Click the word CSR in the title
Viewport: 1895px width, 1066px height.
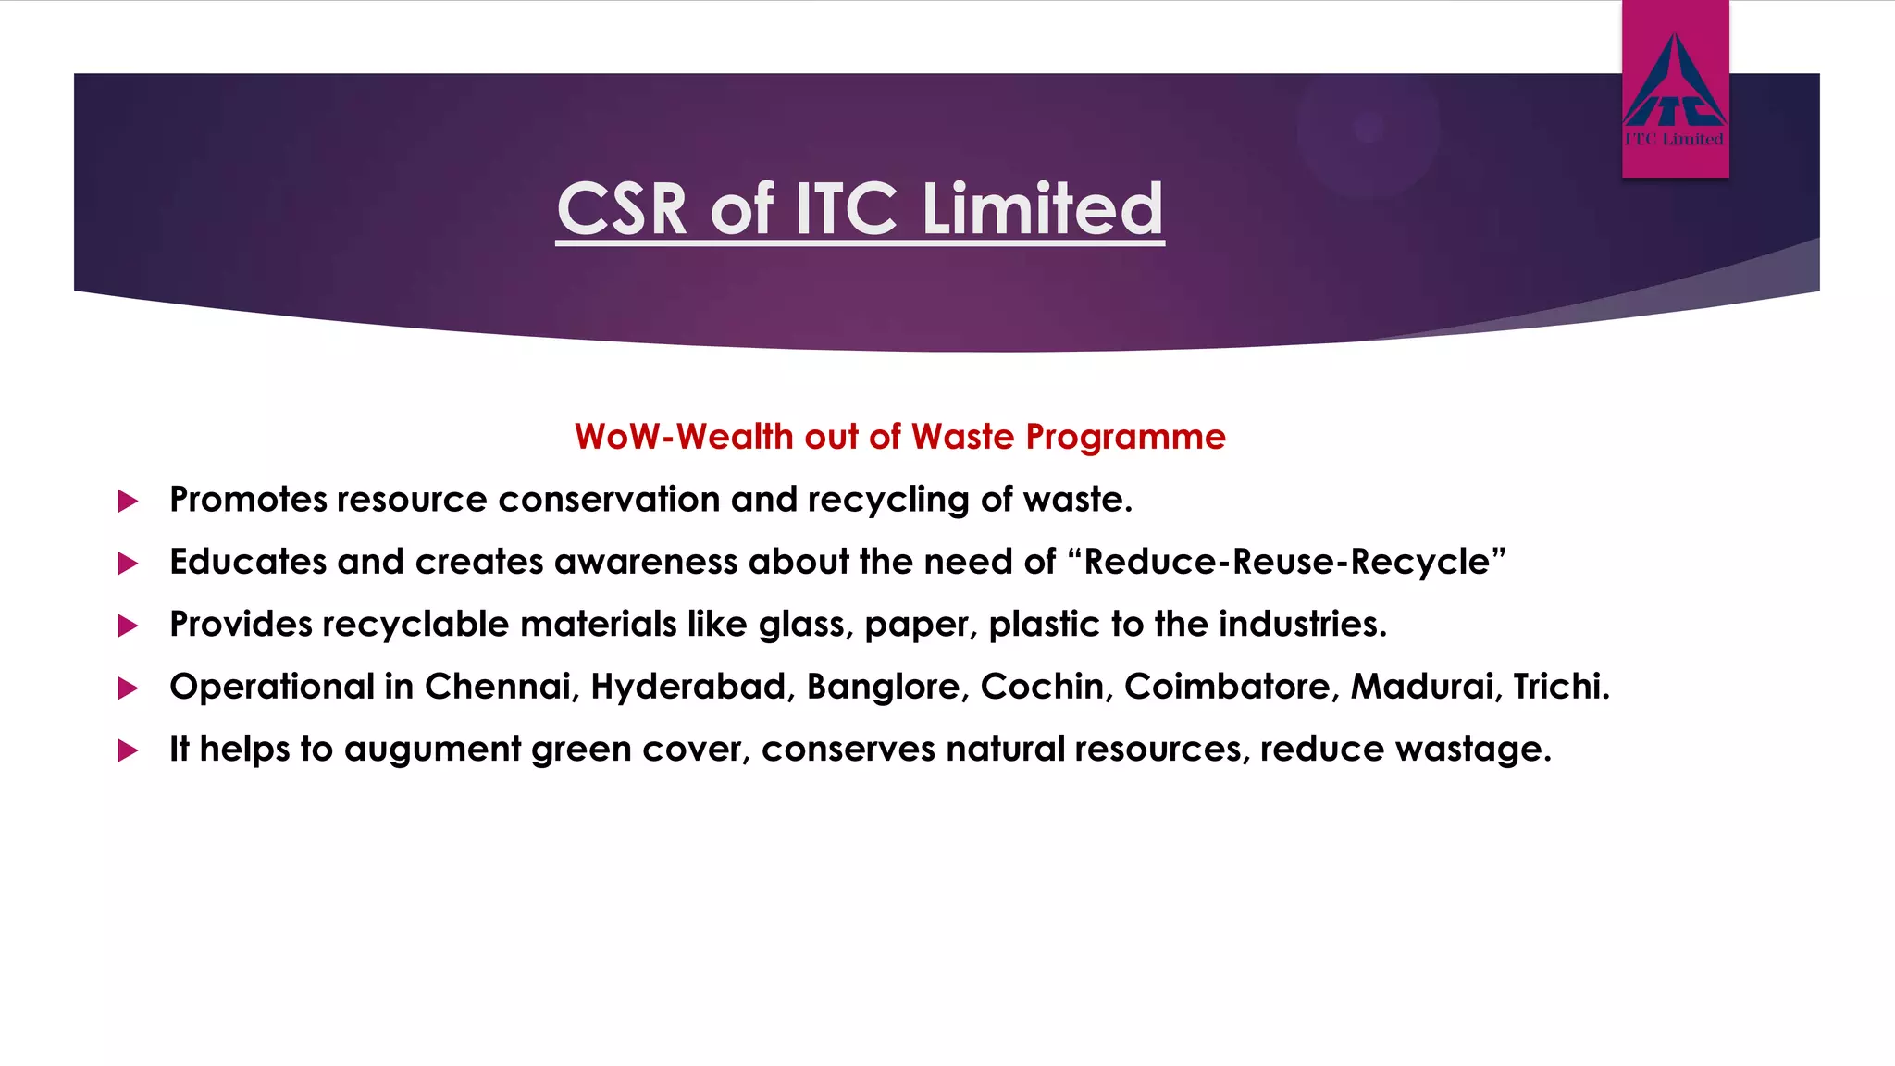point(622,209)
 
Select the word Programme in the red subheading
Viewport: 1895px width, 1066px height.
point(1125,437)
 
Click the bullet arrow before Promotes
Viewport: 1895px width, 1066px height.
point(128,502)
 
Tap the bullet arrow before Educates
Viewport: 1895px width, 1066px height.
point(128,564)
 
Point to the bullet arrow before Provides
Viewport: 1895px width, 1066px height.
point(128,626)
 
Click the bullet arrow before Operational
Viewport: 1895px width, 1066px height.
point(128,688)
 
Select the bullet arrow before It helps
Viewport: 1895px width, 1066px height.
point(128,750)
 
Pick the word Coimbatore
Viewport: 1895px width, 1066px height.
point(1232,687)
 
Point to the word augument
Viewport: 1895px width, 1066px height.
point(432,750)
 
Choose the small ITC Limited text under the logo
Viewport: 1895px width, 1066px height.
point(1675,140)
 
